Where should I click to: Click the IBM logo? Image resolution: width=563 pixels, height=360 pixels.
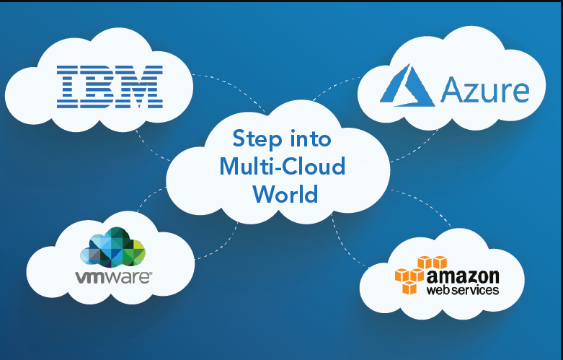pyautogui.click(x=109, y=87)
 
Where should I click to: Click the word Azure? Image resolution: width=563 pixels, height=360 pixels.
pyautogui.click(x=484, y=91)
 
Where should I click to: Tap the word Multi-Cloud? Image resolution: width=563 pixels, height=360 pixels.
pyautogui.click(x=282, y=167)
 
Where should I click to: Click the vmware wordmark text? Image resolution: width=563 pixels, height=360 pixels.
pyautogui.click(x=113, y=276)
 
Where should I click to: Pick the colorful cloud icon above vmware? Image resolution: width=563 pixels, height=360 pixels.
pyautogui.click(x=113, y=247)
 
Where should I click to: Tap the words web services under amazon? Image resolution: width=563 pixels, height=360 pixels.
pyautogui.click(x=462, y=290)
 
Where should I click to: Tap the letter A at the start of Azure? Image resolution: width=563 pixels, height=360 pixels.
pyautogui.click(x=451, y=91)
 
